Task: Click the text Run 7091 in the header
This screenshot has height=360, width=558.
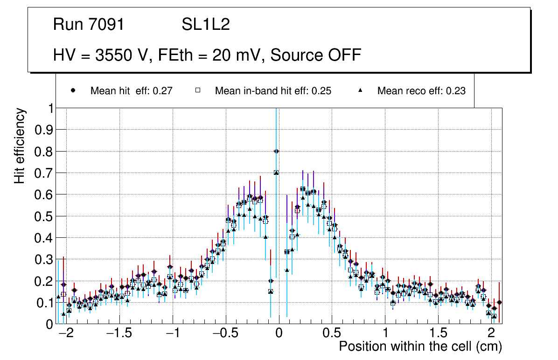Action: click(x=89, y=25)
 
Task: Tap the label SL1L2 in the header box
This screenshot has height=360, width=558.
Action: click(x=206, y=25)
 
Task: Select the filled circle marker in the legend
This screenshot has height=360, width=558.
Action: click(x=73, y=90)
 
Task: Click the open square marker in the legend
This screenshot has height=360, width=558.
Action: click(x=197, y=90)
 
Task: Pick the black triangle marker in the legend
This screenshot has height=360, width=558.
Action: click(x=361, y=90)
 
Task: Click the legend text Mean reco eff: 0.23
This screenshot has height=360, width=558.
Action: click(x=421, y=91)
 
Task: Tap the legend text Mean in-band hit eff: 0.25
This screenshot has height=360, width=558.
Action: click(x=273, y=91)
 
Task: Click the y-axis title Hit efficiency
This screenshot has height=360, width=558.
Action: click(x=20, y=145)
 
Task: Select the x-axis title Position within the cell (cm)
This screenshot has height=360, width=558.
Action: click(x=420, y=346)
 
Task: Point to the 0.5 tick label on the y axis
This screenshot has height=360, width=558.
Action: click(x=44, y=216)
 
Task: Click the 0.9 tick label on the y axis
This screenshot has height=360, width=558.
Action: click(x=44, y=130)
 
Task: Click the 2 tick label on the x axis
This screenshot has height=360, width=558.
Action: click(x=491, y=334)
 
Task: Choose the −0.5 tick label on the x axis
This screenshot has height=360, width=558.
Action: click(x=226, y=334)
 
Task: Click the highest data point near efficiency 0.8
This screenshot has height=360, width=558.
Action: click(x=276, y=151)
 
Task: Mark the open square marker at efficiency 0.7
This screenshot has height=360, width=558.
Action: click(x=276, y=173)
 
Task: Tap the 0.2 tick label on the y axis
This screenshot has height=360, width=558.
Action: click(x=44, y=281)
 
